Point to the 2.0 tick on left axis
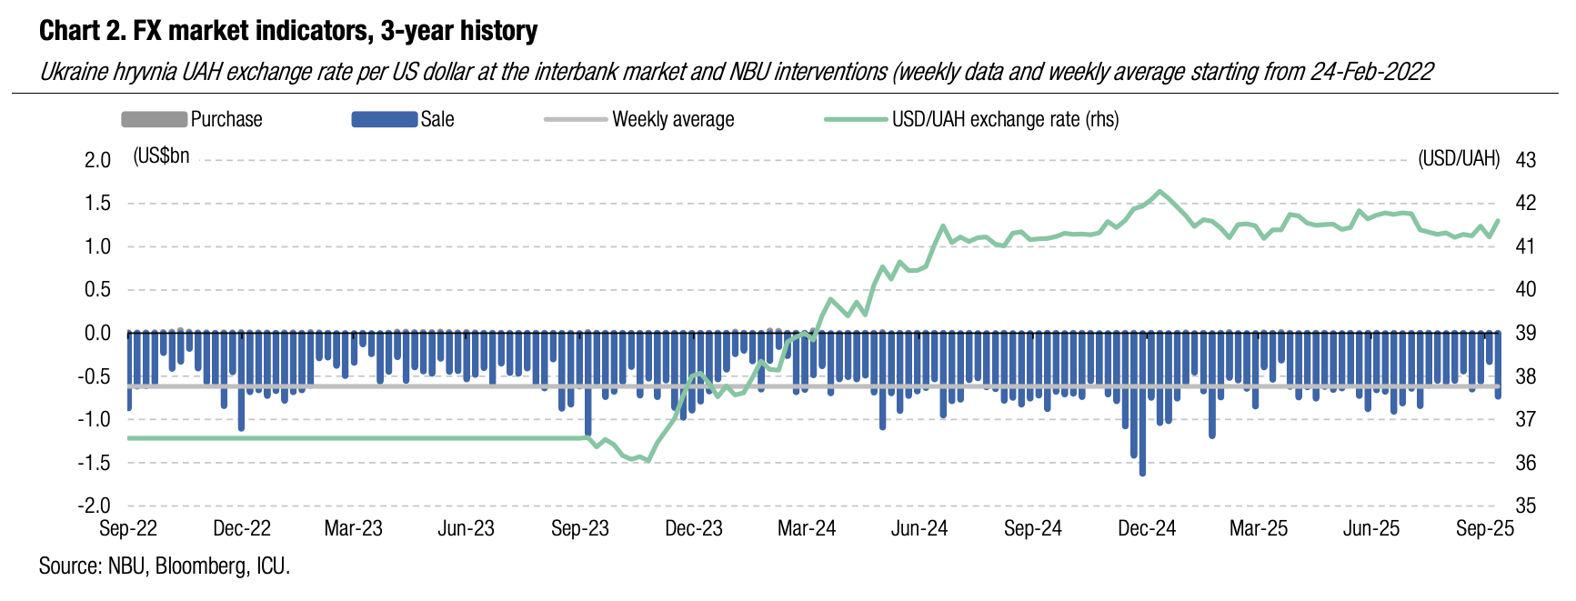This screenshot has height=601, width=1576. pyautogui.click(x=97, y=160)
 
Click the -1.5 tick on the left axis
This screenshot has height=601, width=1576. pyautogui.click(x=94, y=463)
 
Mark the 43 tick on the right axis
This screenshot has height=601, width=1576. pyautogui.click(x=1525, y=160)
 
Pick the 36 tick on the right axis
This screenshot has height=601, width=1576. pyautogui.click(x=1525, y=463)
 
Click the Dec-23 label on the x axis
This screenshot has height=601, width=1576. pyautogui.click(x=693, y=529)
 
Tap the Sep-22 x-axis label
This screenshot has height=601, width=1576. pyautogui.click(x=128, y=529)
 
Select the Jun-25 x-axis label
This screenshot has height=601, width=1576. pyautogui.click(x=1371, y=529)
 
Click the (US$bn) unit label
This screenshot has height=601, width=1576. pyautogui.click(x=161, y=156)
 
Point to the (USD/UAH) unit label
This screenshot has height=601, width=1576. pyautogui.click(x=1459, y=159)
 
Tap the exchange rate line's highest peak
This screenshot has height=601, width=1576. pyautogui.click(x=1159, y=191)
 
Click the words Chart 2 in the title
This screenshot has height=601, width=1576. pyautogui.click(x=81, y=31)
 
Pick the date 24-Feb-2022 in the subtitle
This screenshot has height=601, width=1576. pyautogui.click(x=1371, y=72)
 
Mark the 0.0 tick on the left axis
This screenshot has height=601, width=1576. pyautogui.click(x=97, y=334)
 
